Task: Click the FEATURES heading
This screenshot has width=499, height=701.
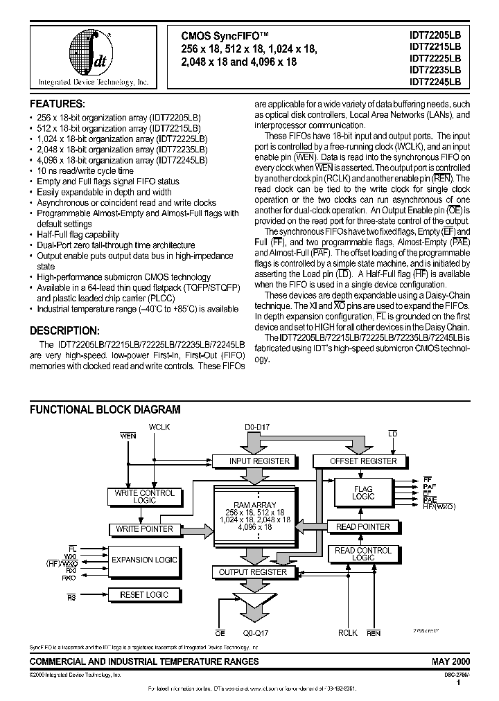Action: [58, 103]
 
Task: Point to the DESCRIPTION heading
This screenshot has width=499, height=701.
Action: [69, 330]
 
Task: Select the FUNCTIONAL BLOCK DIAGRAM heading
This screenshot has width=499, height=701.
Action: [105, 409]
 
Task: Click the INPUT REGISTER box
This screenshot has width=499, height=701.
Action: [250, 461]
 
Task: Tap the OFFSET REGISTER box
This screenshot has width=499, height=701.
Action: [363, 461]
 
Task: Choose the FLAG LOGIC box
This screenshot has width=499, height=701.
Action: [363, 493]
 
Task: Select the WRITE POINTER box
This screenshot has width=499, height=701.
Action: [145, 529]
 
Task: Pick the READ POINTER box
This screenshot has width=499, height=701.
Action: [362, 526]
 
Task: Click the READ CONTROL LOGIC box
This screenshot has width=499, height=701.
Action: [363, 554]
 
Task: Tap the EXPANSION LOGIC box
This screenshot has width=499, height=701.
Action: [144, 559]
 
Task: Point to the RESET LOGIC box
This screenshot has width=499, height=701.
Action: [144, 594]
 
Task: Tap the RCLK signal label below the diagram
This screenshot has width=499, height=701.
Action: [348, 632]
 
